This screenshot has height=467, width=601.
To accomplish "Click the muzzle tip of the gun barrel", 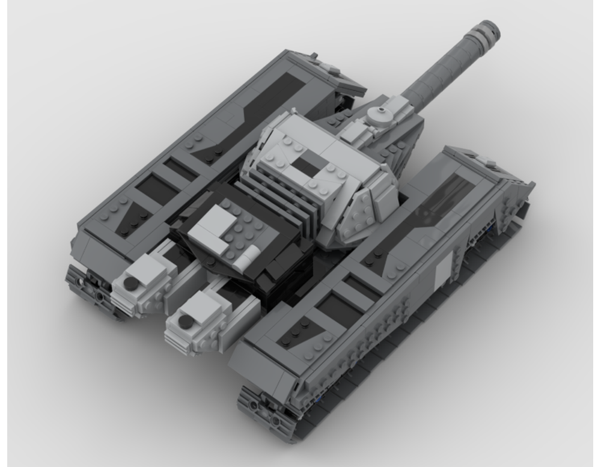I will (487, 28).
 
